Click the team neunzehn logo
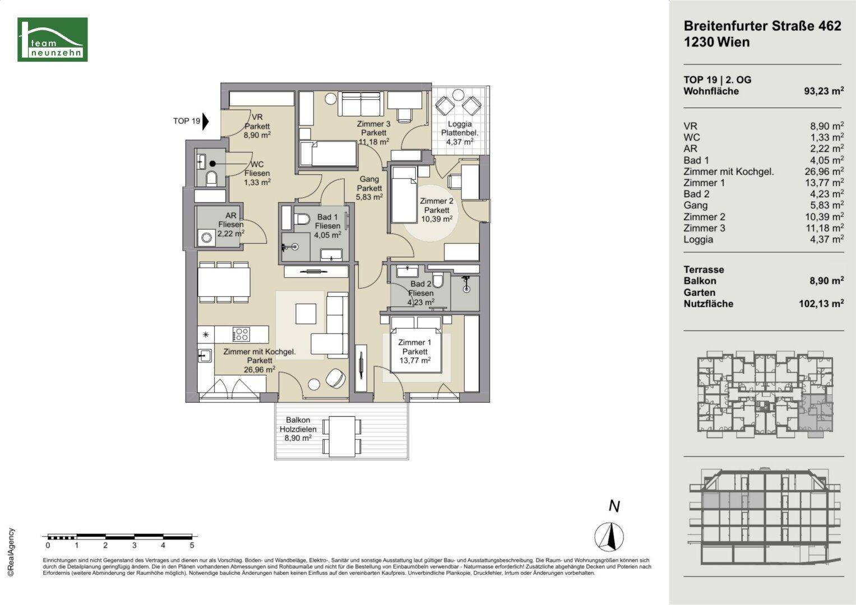pos(53,39)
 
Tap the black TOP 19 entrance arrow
pos(206,122)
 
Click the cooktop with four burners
pos(241,334)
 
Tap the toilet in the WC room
pos(211,178)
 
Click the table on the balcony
pos(342,436)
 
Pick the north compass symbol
pos(609,536)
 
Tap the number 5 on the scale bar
pos(192,546)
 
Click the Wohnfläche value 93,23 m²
pos(823,91)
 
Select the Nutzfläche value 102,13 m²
pos(821,304)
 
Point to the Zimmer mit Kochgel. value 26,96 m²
pos(824,171)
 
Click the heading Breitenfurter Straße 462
pos(762,26)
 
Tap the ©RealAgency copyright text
pos(11,552)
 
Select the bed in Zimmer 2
pos(404,194)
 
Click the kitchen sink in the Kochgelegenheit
pos(205,356)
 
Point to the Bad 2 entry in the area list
pos(696,194)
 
